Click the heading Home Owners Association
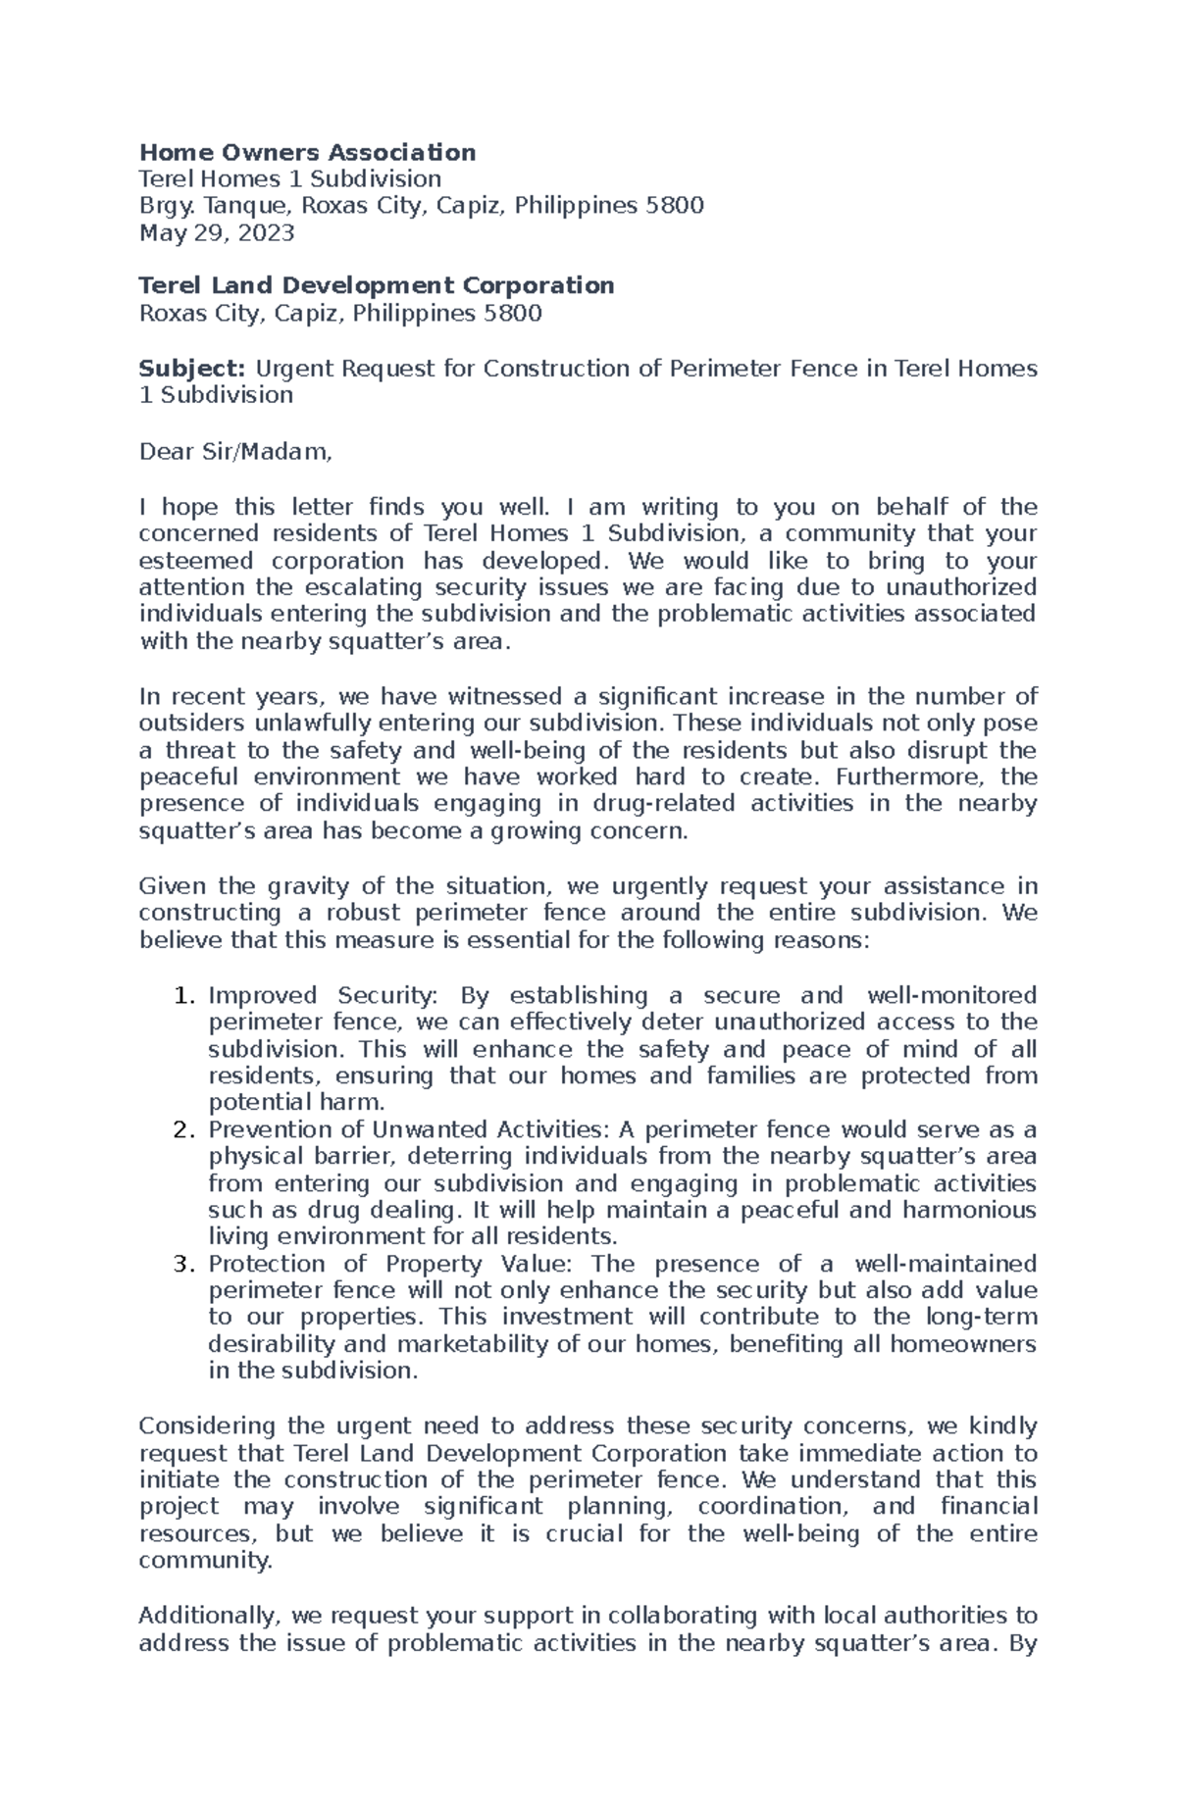pos(307,152)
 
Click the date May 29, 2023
pos(216,232)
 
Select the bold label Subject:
pos(192,369)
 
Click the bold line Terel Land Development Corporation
pos(377,285)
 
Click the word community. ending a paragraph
pos(205,1560)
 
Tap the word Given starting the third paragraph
pos(172,886)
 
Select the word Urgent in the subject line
pos(292,369)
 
